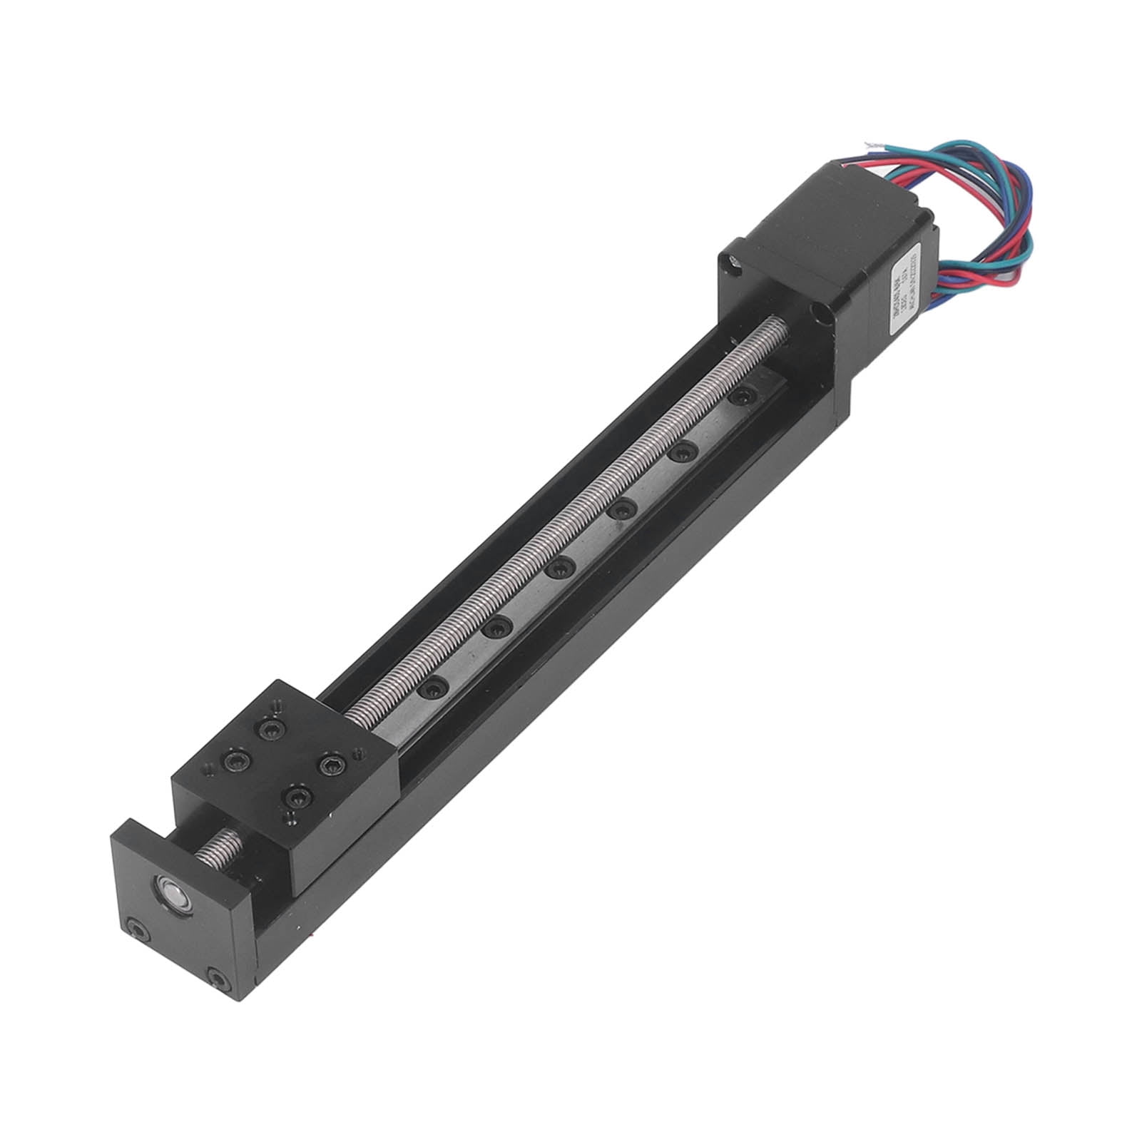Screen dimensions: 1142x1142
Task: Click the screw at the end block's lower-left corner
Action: [x=135, y=927]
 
